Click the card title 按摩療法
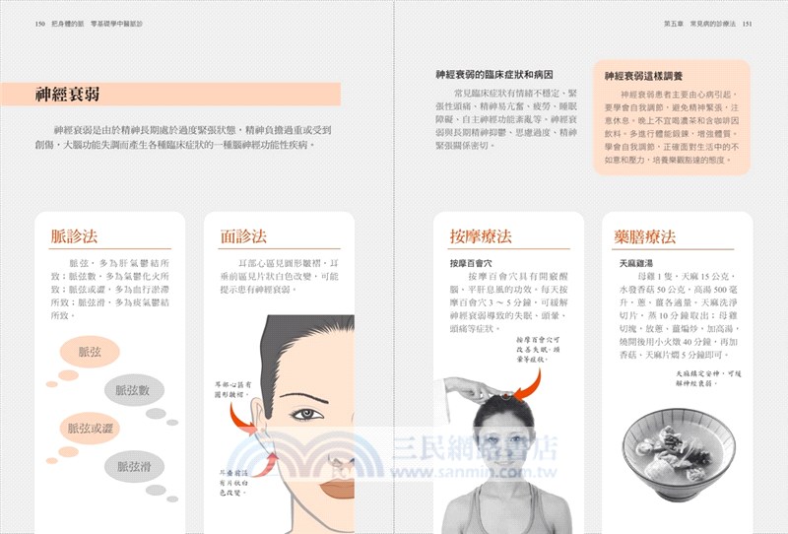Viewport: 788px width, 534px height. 480,236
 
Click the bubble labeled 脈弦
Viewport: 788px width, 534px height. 90,352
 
